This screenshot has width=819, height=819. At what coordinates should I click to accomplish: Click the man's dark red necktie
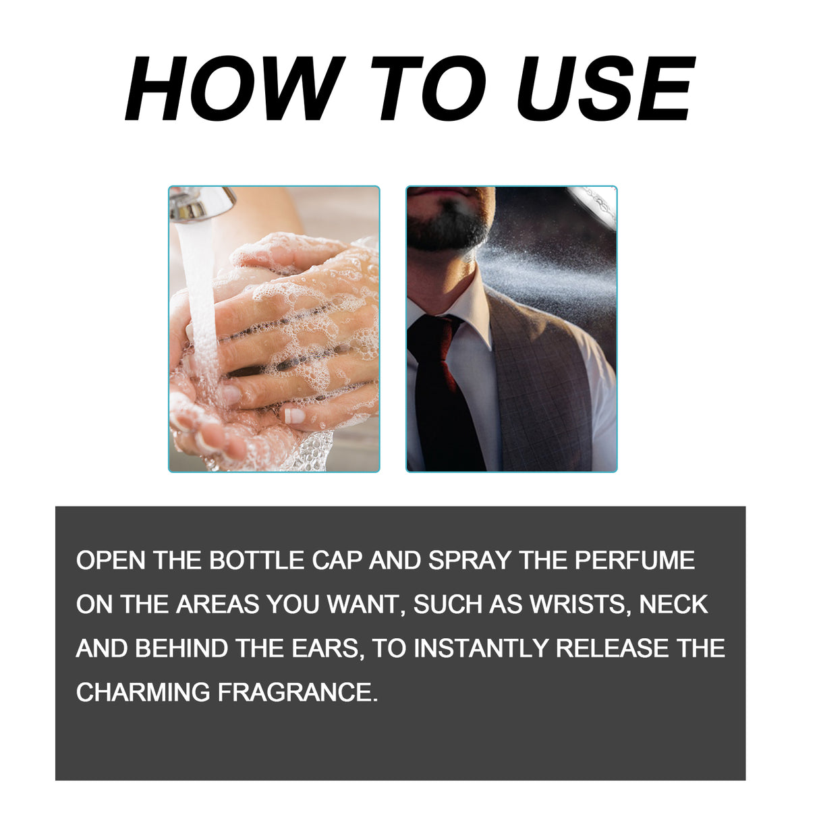point(441,391)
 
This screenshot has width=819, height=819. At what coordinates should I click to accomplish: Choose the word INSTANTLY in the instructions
point(482,648)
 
